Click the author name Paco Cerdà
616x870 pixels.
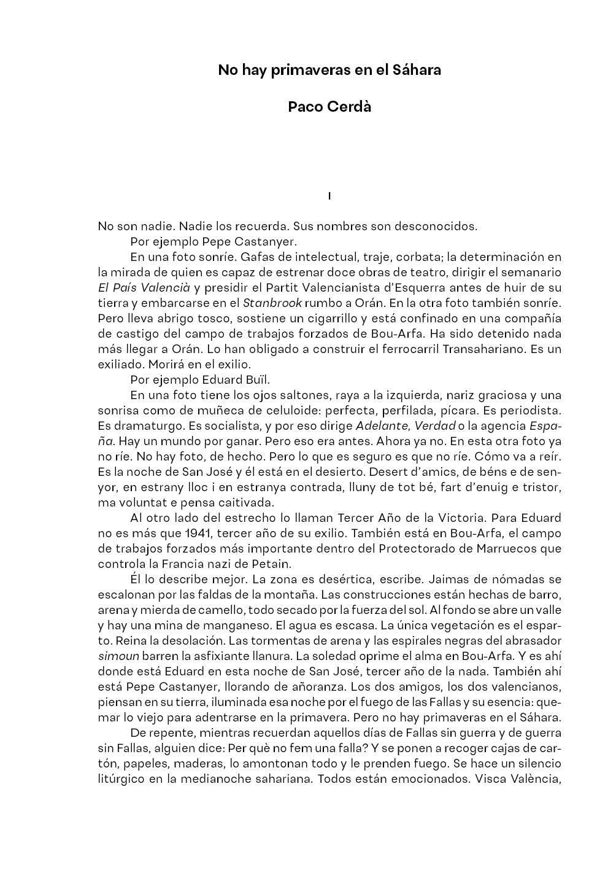329,107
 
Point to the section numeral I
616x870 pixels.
329,196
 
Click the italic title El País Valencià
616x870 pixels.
145,287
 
